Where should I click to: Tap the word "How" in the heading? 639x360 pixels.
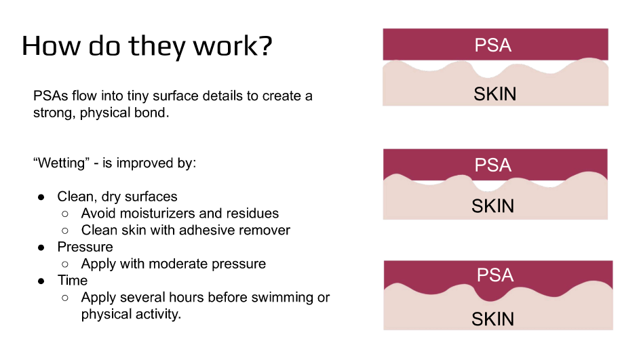tap(46, 45)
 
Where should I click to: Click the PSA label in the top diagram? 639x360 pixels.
tap(493, 45)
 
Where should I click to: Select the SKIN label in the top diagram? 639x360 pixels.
tap(495, 94)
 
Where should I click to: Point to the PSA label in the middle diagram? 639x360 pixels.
tap(493, 165)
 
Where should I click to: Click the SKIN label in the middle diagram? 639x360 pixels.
tap(492, 206)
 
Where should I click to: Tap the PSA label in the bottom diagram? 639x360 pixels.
tap(495, 275)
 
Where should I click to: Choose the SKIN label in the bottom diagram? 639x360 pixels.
tap(492, 319)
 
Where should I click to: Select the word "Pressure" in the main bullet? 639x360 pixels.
tap(85, 247)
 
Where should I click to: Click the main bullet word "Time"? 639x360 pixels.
tap(73, 280)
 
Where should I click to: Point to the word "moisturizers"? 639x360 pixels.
tap(153, 214)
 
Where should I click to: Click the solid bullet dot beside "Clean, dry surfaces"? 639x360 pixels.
tap(41, 197)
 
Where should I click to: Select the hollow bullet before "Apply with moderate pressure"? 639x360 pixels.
tap(65, 264)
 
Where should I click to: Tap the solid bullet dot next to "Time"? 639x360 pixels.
tap(41, 281)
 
